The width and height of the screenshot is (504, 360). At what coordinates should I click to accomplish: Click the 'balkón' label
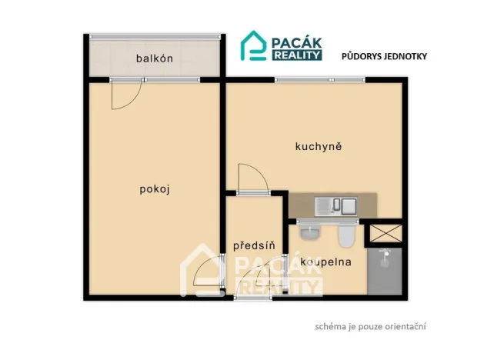coord(154,58)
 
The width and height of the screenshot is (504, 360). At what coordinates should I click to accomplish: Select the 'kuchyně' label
coord(318,145)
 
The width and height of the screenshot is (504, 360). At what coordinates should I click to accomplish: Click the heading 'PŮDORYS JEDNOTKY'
coord(384,56)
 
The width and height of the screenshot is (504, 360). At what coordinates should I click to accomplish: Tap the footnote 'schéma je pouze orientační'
coord(371,326)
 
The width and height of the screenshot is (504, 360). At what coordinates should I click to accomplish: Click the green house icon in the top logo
coord(254,45)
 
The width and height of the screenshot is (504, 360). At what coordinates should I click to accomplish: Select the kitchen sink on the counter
coord(338,205)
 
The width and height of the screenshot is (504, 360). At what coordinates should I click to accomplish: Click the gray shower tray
coord(385,271)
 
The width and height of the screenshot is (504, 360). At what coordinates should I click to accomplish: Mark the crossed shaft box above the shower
coord(385,232)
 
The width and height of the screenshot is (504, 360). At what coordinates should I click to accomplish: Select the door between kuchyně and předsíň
coord(252,180)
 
